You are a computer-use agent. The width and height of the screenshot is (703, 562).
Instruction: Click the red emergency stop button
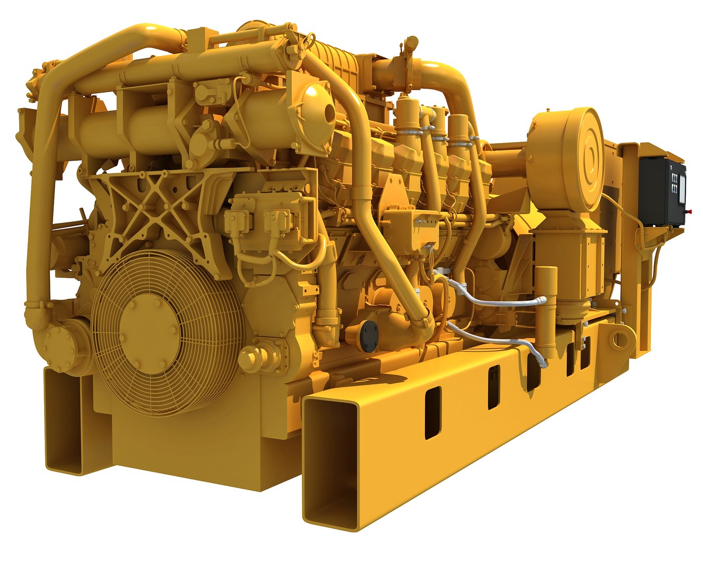tap(690, 211)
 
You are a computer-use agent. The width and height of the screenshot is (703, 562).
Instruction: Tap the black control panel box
tap(661, 190)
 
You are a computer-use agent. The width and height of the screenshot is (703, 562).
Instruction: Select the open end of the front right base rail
tap(331, 463)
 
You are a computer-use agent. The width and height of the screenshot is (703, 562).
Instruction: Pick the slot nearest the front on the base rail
tap(432, 412)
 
